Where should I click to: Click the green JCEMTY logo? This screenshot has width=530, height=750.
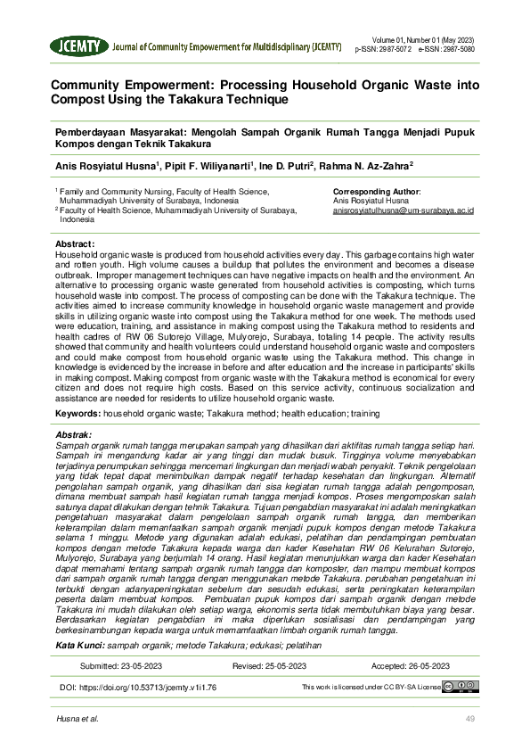coord(79,46)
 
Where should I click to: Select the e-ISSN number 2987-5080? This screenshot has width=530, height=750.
coord(457,50)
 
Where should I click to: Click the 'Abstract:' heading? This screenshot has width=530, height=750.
coord(75,243)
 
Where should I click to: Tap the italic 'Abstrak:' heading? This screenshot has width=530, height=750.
coord(74,434)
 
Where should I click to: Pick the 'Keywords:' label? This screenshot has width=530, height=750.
coord(77,415)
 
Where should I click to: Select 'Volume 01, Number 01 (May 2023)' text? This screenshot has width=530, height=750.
coord(424,41)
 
